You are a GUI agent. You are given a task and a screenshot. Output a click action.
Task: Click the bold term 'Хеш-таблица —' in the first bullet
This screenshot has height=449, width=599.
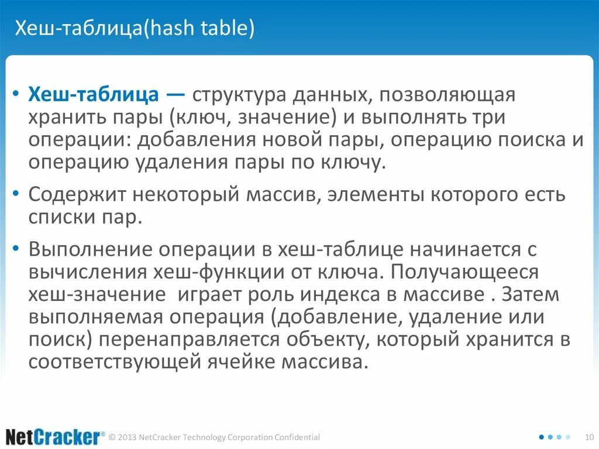(108, 95)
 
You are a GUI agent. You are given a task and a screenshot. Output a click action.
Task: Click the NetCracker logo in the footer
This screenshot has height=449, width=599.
(52, 437)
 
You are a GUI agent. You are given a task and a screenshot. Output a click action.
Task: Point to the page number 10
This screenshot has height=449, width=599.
(589, 437)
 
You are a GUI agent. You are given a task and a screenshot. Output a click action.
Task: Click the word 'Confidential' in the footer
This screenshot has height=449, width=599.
(297, 437)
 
